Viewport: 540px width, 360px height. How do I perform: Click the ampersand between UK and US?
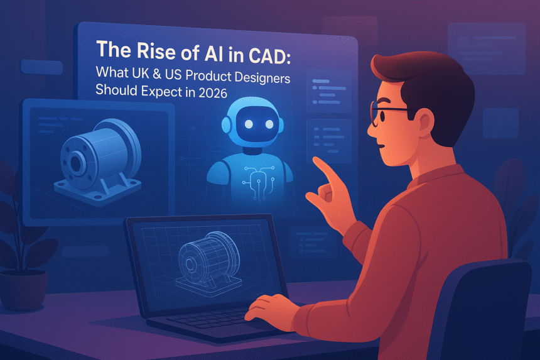coord(157,73)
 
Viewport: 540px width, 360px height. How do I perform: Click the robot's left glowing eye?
coord(249,124)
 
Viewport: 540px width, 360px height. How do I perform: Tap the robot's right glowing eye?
coord(269,124)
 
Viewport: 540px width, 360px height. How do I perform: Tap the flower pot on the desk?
coord(23,288)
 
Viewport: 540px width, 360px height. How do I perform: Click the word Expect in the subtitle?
coord(161,91)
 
